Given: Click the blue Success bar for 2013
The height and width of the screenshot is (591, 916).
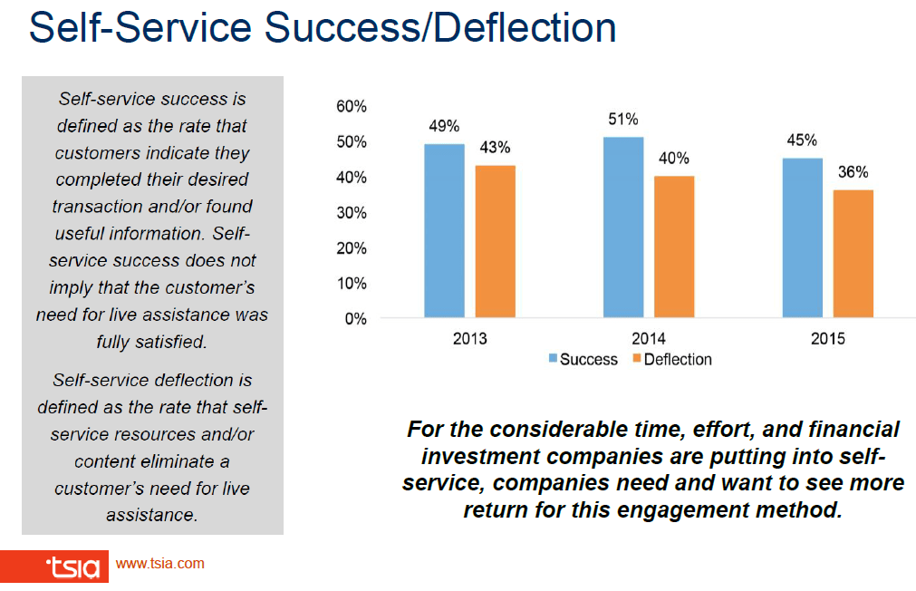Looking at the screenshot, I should click(444, 231).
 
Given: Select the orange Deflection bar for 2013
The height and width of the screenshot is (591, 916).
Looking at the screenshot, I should click(495, 241).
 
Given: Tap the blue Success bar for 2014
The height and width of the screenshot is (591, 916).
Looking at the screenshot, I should click(623, 228).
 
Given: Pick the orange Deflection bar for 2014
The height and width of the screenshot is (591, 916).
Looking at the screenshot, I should click(674, 247).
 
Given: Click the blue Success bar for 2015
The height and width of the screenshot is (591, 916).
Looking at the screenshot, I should click(803, 237).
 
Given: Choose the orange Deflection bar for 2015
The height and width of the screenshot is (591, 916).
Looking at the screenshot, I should click(853, 254).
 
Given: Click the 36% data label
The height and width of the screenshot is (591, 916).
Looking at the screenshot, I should click(853, 172).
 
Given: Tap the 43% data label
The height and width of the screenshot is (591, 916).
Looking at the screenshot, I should click(495, 148).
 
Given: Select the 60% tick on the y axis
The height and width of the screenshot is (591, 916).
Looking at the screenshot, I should click(352, 107).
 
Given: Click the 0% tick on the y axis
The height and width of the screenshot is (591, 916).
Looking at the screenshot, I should click(355, 319).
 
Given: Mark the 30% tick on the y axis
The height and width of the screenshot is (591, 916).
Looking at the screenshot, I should click(352, 213).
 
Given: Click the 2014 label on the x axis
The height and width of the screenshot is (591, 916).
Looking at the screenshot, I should click(648, 340).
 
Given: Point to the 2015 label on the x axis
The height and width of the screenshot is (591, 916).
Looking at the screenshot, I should click(827, 340).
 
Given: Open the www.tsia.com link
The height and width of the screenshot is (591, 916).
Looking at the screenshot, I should click(160, 564).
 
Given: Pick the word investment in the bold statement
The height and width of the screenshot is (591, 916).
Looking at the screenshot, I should click(478, 456).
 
